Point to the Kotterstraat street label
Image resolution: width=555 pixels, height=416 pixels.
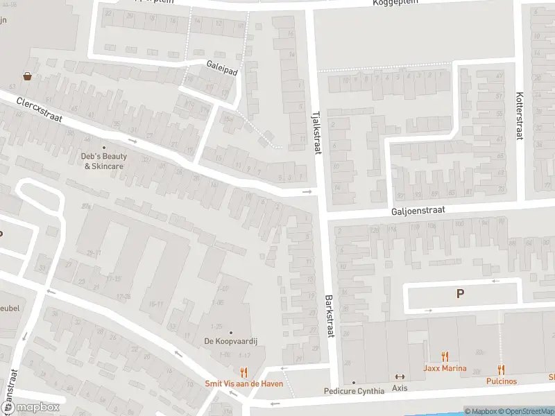(x=518, y=116)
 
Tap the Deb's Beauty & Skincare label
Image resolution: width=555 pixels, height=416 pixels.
(x=104, y=162)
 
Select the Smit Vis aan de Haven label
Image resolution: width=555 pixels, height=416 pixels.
(x=244, y=383)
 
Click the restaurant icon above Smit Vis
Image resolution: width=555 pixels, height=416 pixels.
(x=244, y=372)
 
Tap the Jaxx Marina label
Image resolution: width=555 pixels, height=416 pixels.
(x=445, y=368)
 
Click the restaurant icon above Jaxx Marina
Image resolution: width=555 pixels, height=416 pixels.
(x=445, y=357)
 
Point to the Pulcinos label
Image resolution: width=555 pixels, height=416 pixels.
(x=501, y=381)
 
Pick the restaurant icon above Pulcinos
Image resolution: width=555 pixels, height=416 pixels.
(x=501, y=370)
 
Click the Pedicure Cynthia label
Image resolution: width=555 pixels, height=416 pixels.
(x=354, y=391)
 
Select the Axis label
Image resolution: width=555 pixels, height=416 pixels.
(x=400, y=388)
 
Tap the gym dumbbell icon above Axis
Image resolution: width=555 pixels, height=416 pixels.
(x=400, y=377)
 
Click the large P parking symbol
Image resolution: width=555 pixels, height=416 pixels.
(x=459, y=294)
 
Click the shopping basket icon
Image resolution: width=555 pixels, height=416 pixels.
(x=27, y=76)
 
